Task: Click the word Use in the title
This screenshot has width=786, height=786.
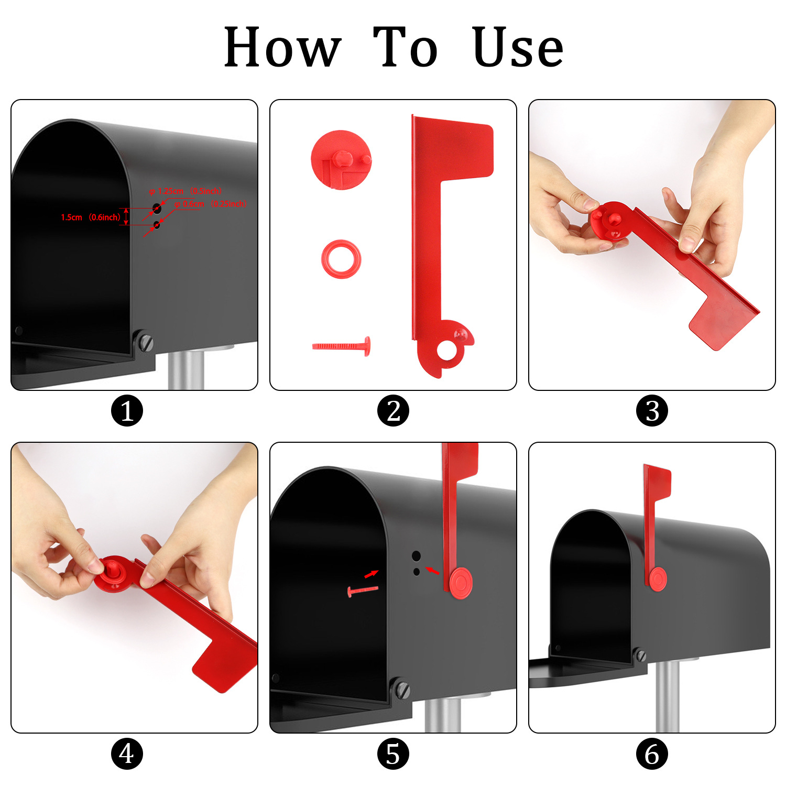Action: click(x=518, y=48)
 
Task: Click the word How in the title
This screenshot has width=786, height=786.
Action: click(x=282, y=48)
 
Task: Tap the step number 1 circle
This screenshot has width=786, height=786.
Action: click(x=127, y=410)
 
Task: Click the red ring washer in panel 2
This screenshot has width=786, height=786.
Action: click(x=341, y=259)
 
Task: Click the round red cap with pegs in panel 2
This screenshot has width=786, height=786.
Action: click(x=341, y=159)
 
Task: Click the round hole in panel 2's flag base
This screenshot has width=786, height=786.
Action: click(x=447, y=351)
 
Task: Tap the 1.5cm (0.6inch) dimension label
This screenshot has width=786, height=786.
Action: click(x=90, y=217)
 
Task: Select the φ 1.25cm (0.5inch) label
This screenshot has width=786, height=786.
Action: click(x=185, y=191)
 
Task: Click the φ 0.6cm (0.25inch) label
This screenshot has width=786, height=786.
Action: click(x=210, y=204)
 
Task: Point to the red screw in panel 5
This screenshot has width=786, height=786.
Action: click(x=362, y=591)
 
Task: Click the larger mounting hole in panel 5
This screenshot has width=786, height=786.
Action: click(x=416, y=556)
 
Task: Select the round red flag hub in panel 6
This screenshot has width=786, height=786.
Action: click(x=658, y=579)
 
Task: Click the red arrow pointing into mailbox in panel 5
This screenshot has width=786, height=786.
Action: click(x=372, y=574)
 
